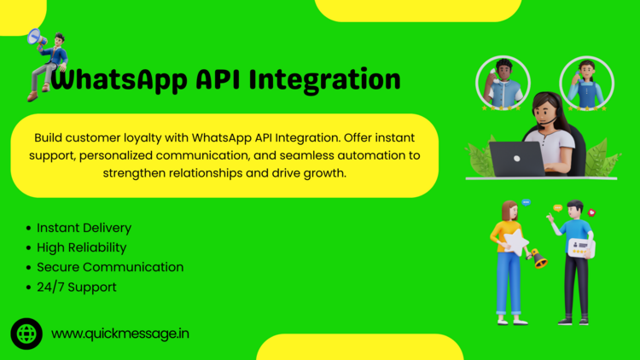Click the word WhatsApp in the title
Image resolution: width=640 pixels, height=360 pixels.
click(119, 80)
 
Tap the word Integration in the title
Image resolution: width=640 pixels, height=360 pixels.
click(325, 80)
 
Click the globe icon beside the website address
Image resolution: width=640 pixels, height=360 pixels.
click(26, 334)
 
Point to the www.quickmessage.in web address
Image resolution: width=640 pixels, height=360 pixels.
click(120, 334)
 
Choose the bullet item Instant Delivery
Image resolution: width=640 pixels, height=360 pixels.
click(84, 228)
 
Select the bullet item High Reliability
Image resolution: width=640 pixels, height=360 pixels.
click(82, 247)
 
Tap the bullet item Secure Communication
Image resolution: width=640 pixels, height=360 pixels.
click(110, 267)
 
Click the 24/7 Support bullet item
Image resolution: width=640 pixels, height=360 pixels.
click(77, 287)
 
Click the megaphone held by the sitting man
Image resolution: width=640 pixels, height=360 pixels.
click(37, 38)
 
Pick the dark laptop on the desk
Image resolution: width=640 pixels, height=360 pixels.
click(516, 159)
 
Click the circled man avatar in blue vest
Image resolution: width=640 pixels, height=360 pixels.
click(503, 84)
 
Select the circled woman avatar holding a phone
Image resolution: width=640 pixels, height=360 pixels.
click(586, 84)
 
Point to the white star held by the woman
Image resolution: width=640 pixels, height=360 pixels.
click(516, 242)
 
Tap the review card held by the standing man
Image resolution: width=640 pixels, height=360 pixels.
click(581, 247)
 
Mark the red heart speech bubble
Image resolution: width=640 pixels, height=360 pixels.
click(591, 212)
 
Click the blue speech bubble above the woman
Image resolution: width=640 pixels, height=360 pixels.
click(527, 202)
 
